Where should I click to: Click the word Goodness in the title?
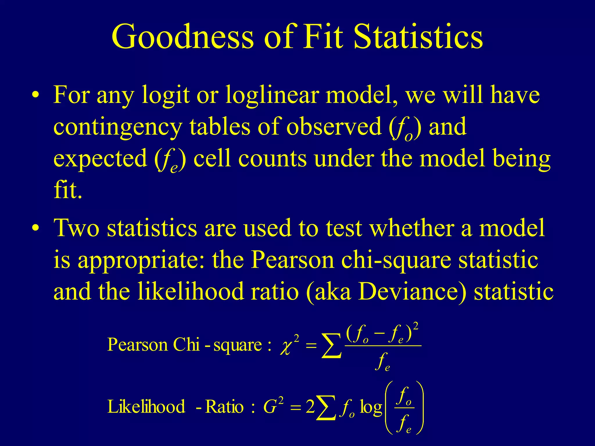click(x=182, y=37)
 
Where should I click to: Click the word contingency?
click(x=118, y=127)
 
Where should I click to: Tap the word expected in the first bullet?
click(x=100, y=159)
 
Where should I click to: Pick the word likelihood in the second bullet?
click(x=190, y=292)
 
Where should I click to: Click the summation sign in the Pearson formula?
click(x=331, y=346)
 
